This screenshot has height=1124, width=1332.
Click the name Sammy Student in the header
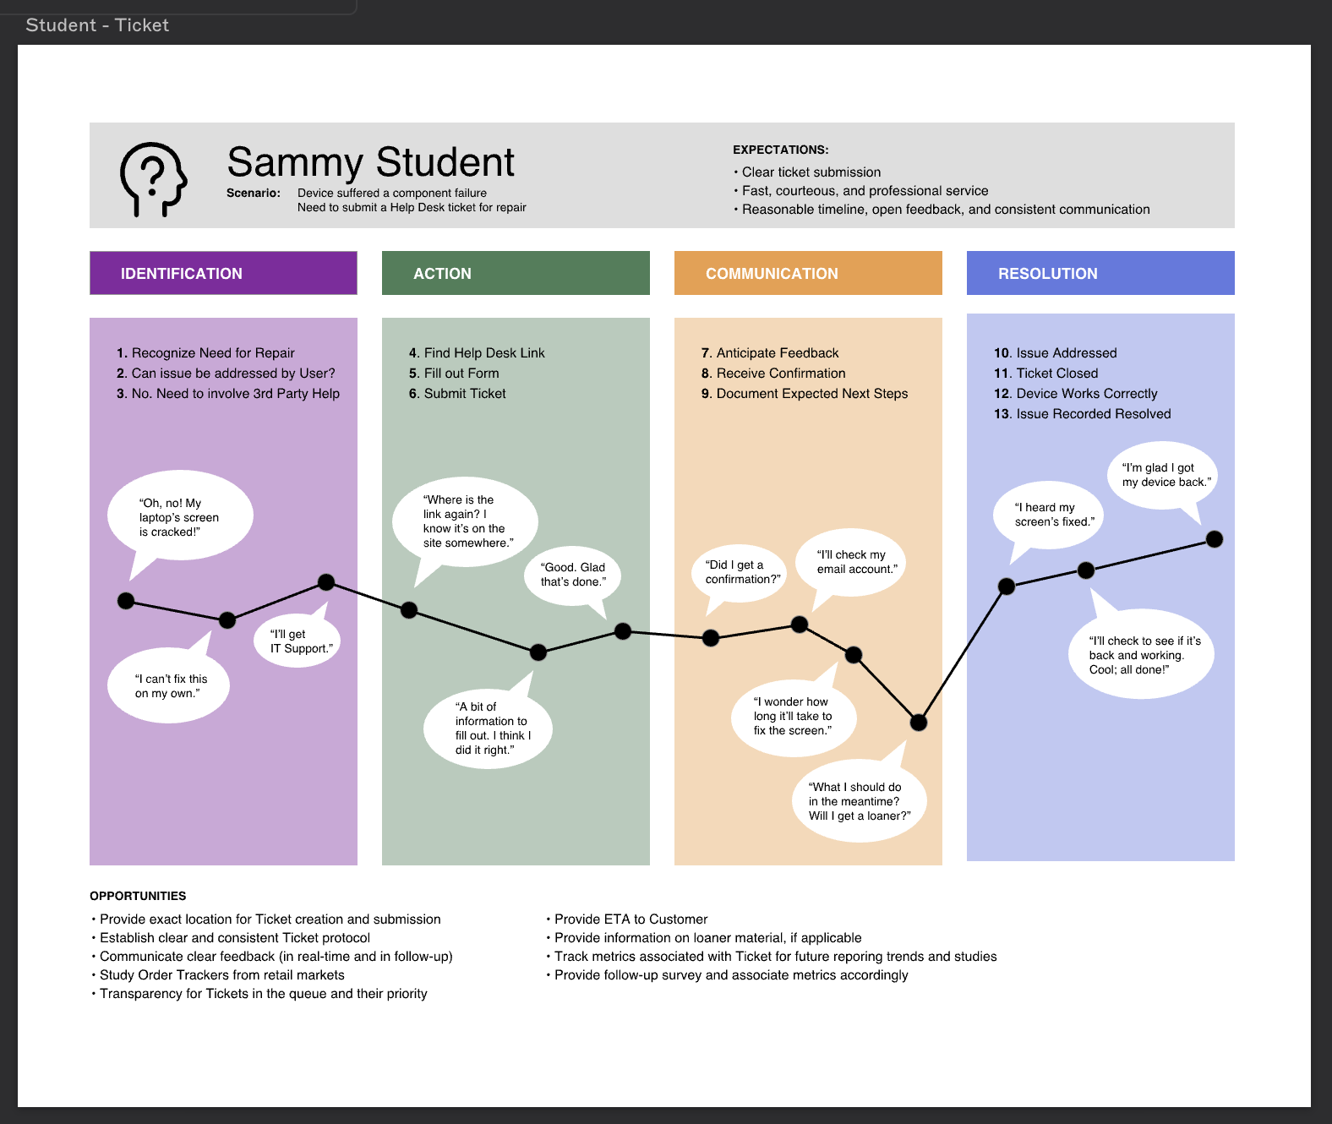pos(370,162)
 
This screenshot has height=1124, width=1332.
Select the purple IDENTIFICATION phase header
pos(223,273)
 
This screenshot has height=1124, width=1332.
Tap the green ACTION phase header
pos(516,273)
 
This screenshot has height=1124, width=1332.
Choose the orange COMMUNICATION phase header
pos(808,273)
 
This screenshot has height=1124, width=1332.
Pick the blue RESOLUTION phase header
pos(1100,273)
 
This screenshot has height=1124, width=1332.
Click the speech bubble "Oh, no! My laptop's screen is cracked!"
pos(179,516)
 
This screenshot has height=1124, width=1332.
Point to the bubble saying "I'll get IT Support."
pos(300,641)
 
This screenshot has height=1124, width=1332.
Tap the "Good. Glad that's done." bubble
pos(573,575)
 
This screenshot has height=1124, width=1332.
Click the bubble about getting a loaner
pos(859,801)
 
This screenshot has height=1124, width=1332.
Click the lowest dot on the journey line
pos(919,723)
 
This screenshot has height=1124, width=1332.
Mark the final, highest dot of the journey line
pos(1215,539)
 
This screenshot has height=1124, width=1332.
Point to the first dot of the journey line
pos(126,601)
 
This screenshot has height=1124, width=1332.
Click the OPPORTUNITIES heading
pos(138,896)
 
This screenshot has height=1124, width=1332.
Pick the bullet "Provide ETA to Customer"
pos(631,919)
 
